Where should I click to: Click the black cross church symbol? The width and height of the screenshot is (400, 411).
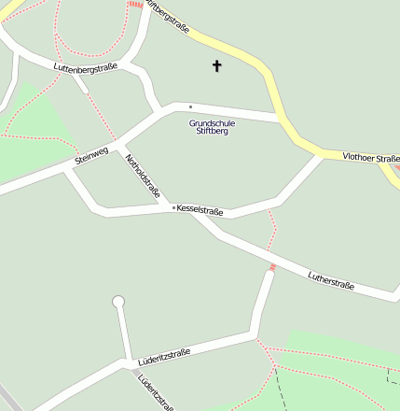[217, 65]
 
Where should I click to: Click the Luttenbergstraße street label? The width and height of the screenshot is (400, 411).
[86, 68]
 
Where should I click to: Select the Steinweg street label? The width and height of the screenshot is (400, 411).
[91, 156]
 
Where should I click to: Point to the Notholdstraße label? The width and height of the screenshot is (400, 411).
[143, 176]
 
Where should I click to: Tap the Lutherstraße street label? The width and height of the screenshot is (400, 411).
[331, 279]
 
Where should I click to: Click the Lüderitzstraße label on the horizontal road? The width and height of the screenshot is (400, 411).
[163, 356]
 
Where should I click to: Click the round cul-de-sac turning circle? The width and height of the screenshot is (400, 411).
[117, 301]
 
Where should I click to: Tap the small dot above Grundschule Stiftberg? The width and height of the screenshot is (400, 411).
[190, 106]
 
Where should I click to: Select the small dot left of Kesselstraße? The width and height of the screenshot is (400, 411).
[172, 207]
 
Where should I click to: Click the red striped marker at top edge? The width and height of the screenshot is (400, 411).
[136, 4]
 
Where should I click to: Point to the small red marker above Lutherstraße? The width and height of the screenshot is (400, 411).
[273, 268]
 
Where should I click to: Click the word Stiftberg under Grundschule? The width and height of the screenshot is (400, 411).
[212, 132]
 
